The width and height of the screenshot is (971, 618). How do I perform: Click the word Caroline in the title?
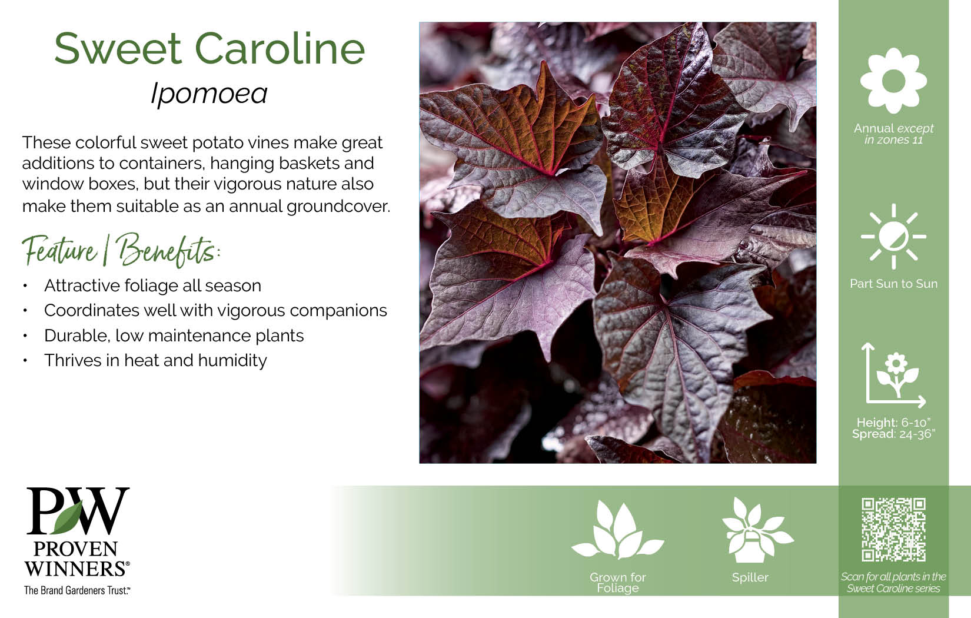(280, 48)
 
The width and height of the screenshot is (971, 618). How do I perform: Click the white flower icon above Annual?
(893, 81)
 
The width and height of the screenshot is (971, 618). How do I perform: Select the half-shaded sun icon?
(893, 237)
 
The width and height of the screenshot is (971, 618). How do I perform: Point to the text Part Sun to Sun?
(893, 284)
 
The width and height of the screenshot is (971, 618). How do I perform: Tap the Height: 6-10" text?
(893, 422)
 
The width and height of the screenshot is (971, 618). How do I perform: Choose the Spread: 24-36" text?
(893, 434)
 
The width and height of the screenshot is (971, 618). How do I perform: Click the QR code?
(893, 530)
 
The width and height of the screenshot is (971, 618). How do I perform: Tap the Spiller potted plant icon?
(756, 530)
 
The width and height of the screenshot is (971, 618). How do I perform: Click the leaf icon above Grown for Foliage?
(618, 530)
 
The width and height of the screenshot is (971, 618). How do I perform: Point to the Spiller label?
(750, 577)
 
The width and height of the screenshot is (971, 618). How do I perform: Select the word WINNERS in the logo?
(75, 569)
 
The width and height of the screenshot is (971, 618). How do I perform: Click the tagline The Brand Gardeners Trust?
(77, 590)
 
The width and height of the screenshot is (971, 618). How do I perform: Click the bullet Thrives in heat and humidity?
(155, 360)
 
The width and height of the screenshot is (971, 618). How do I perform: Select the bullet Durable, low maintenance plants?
(174, 335)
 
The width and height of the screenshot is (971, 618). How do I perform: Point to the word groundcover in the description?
(338, 207)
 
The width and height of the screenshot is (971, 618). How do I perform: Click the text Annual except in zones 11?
(893, 134)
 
